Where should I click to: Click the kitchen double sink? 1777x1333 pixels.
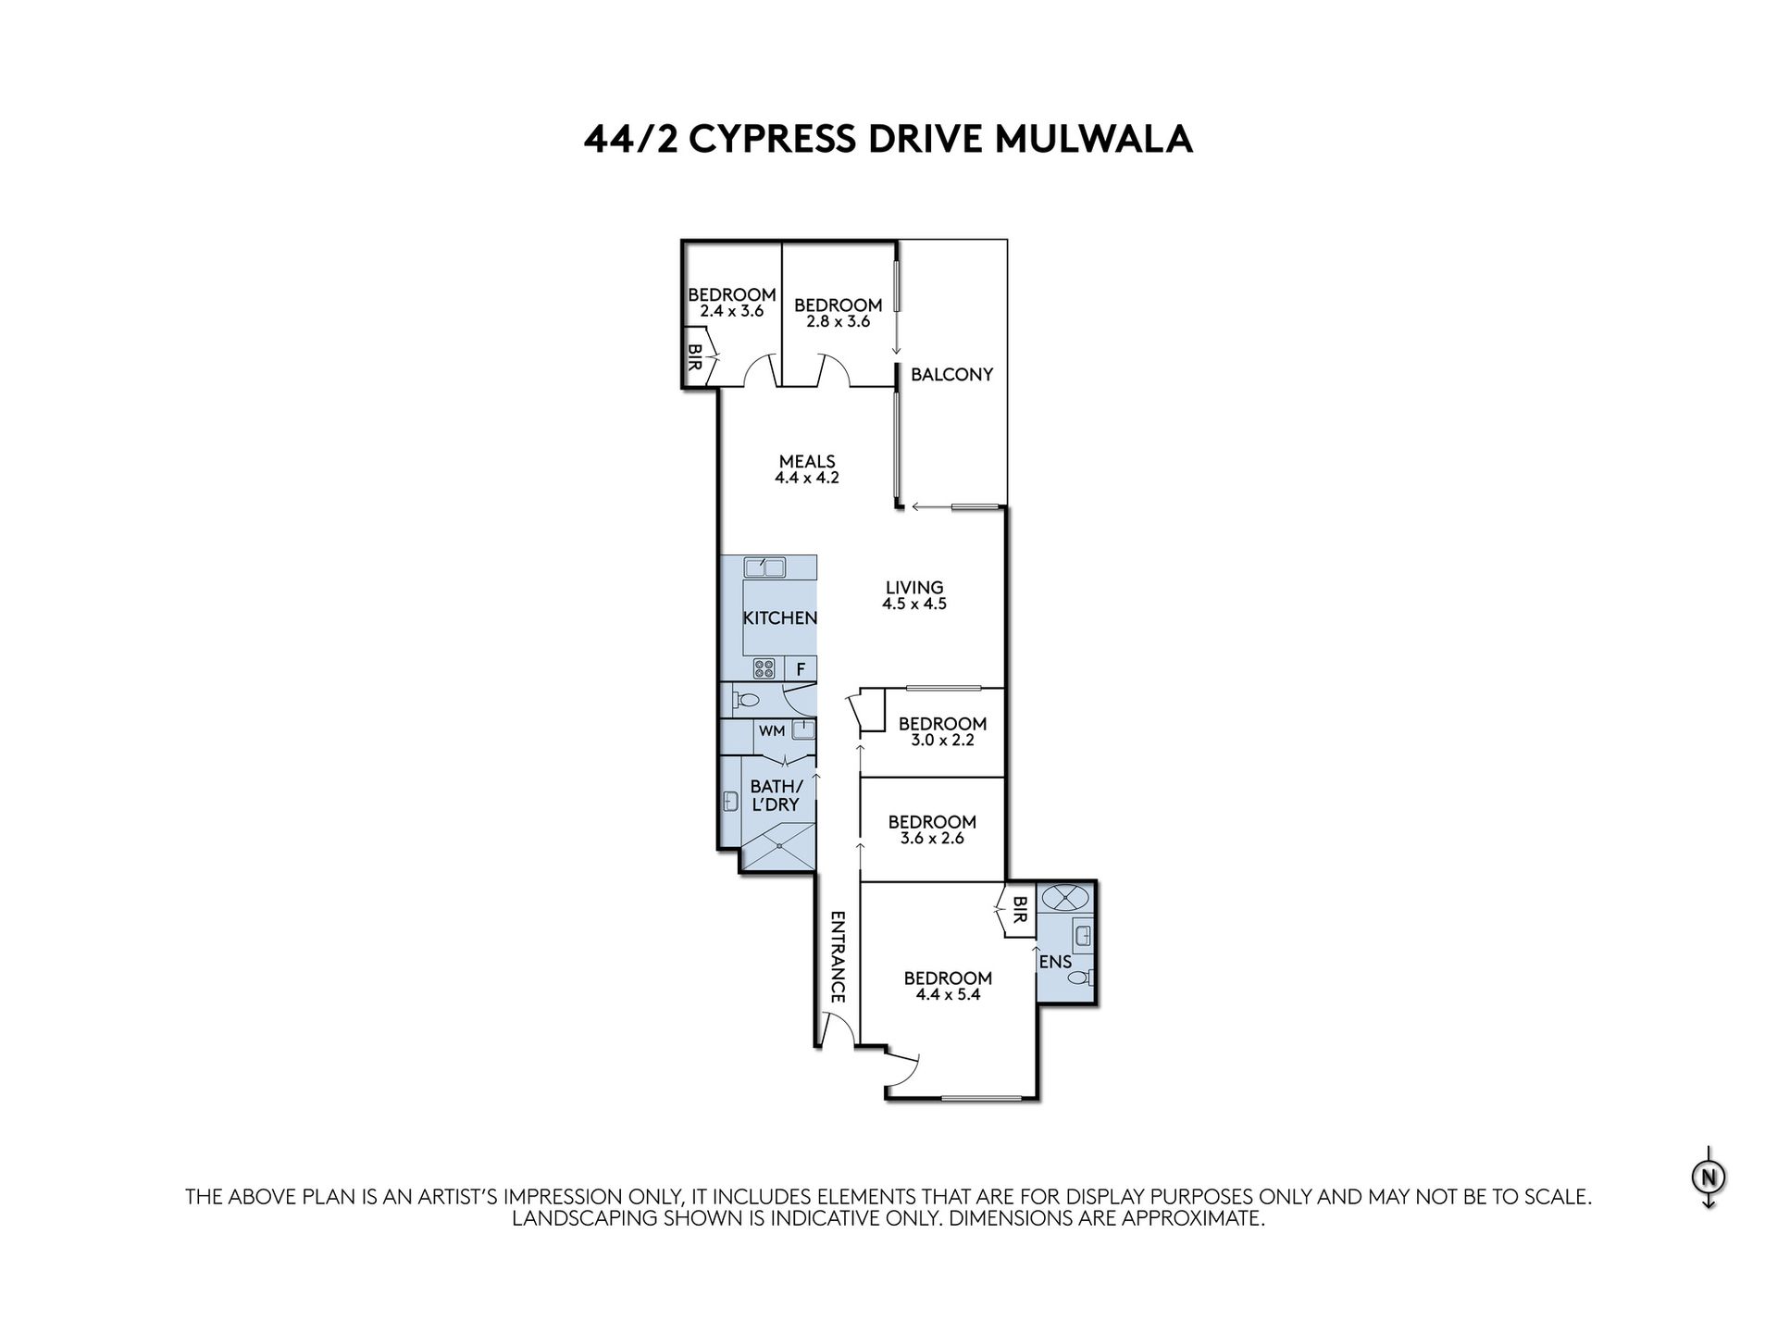[764, 567]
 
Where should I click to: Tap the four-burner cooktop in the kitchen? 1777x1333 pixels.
[764, 668]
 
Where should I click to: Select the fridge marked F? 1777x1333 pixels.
[801, 668]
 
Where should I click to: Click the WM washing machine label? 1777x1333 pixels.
[772, 731]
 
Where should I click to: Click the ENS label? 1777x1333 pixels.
[1056, 962]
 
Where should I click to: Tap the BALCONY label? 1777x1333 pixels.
[951, 374]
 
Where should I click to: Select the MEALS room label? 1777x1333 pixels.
[807, 461]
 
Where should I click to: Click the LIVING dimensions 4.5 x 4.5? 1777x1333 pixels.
[914, 604]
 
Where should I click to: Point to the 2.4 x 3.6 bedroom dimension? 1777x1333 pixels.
[731, 312]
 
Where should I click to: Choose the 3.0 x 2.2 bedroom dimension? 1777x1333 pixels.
[943, 741]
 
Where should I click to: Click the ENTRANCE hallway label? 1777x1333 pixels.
[838, 957]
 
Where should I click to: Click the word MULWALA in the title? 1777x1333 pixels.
[1093, 139]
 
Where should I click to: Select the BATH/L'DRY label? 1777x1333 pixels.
[776, 796]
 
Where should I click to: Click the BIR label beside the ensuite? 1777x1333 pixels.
[1020, 910]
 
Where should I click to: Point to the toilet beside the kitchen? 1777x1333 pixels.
[745, 700]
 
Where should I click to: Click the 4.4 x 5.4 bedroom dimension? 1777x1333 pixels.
[948, 995]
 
